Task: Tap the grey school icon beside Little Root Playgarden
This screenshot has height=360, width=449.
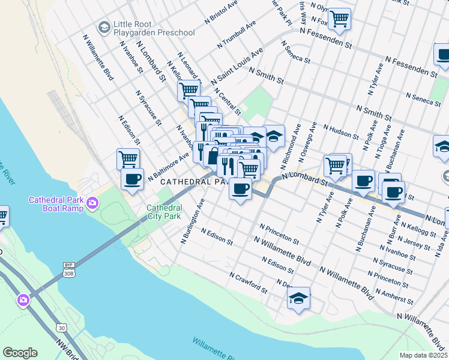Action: [104, 28]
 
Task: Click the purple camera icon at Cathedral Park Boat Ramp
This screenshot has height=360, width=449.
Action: [92, 203]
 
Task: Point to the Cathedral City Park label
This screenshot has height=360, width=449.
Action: [164, 212]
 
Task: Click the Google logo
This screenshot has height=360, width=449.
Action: [20, 353]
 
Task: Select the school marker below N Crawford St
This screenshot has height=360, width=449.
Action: [298, 298]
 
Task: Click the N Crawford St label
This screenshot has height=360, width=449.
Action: [249, 283]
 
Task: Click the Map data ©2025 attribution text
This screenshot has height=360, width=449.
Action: [423, 355]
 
